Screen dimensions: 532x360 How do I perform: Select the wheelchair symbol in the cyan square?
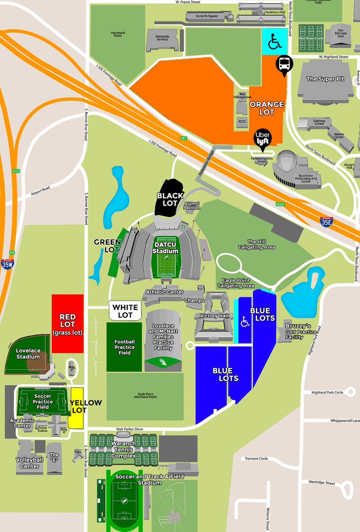[x=274, y=43]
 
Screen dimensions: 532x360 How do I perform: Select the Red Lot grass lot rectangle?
[x=68, y=324]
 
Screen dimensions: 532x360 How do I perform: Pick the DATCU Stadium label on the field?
[x=166, y=247]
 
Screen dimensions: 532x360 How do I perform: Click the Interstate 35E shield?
[x=326, y=222]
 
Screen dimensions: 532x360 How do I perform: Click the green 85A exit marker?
[x=16, y=171]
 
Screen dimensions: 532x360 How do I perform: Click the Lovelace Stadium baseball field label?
[x=28, y=354]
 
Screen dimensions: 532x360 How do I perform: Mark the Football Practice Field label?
[x=125, y=347]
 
